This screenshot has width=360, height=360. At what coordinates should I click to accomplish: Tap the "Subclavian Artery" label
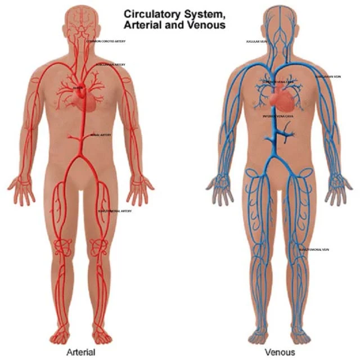pyautogui.click(x=110, y=65)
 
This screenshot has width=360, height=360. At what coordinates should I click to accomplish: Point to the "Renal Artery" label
pyautogui.click(x=101, y=135)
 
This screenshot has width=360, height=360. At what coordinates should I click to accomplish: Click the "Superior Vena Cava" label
pyautogui.click(x=278, y=82)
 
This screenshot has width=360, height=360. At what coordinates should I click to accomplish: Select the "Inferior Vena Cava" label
pyautogui.click(x=278, y=116)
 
